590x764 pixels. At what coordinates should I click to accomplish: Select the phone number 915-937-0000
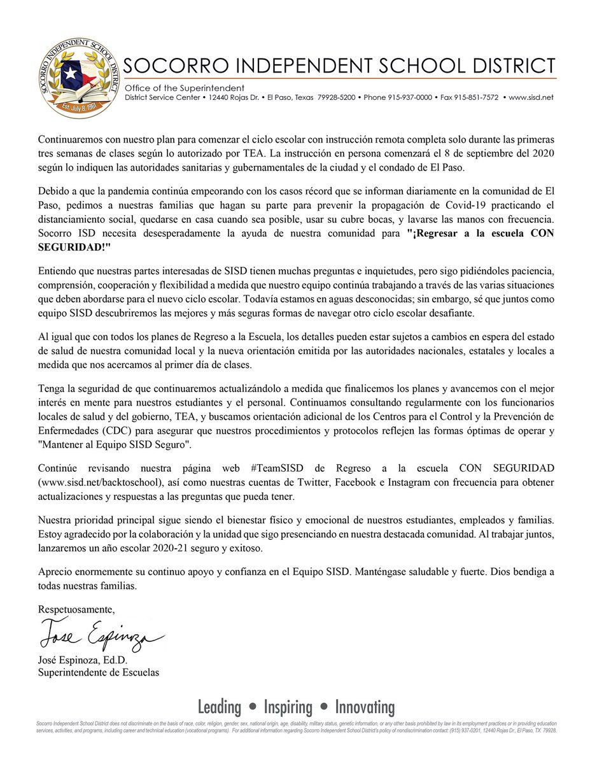click(x=410, y=97)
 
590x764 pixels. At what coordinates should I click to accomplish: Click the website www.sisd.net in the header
click(x=532, y=97)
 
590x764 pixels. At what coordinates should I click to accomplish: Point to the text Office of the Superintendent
click(x=185, y=87)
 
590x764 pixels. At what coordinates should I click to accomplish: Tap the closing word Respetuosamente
click(x=77, y=609)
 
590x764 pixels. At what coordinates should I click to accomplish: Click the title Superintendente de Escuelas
click(x=99, y=672)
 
